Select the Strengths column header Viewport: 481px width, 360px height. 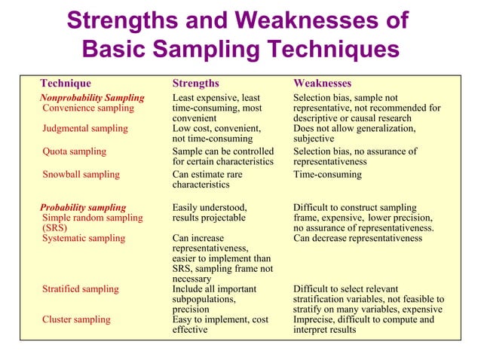point(195,83)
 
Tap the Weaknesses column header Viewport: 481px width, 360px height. point(322,83)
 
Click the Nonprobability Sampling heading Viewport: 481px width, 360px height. point(91,98)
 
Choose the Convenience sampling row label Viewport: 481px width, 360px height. point(87,108)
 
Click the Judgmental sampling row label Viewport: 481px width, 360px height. point(84,128)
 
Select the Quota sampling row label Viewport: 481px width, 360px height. point(74,151)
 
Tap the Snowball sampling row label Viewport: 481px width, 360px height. point(81,175)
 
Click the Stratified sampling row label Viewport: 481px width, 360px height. point(80,289)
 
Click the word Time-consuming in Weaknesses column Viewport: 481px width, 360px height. point(327,175)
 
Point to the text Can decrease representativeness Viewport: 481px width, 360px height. point(357,238)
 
